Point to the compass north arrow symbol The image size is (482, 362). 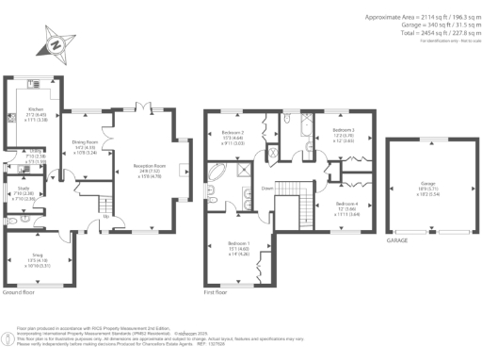pyautogui.click(x=56, y=43)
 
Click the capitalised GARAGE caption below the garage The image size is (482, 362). pyautogui.click(x=396, y=240)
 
